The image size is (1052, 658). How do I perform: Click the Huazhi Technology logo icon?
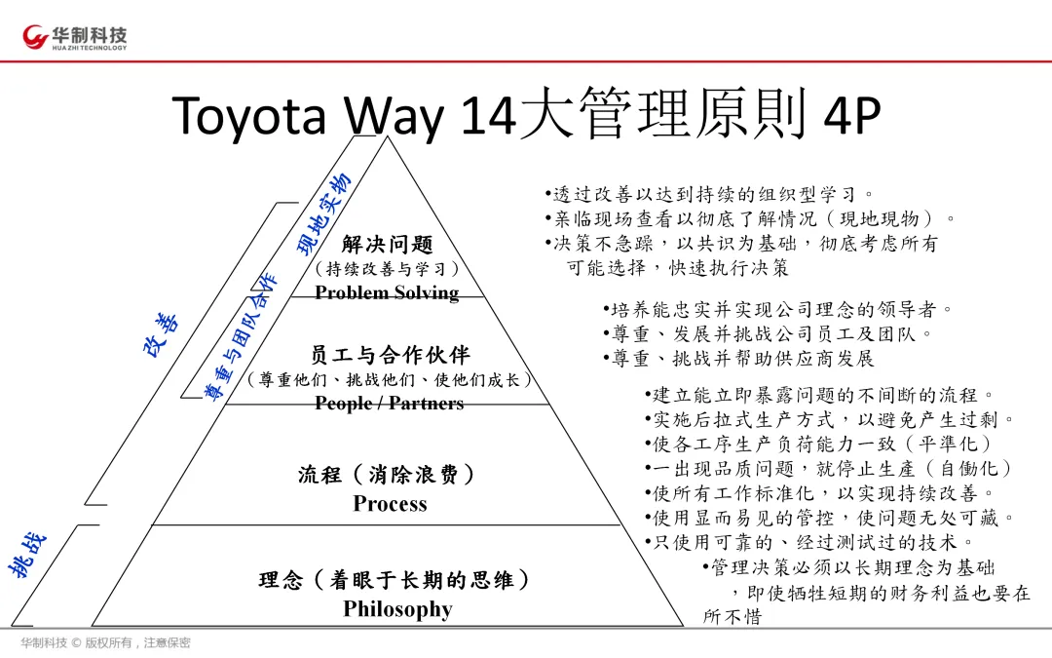(37, 38)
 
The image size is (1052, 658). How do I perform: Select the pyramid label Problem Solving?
(387, 292)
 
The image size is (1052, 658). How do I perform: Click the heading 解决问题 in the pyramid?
(387, 244)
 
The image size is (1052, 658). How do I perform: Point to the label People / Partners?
(389, 403)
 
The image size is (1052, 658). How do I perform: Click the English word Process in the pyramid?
(390, 504)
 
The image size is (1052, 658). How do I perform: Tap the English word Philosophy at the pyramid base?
(397, 609)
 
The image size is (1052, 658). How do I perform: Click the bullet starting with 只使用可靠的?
(808, 542)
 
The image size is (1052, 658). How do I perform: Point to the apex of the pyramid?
(388, 138)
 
